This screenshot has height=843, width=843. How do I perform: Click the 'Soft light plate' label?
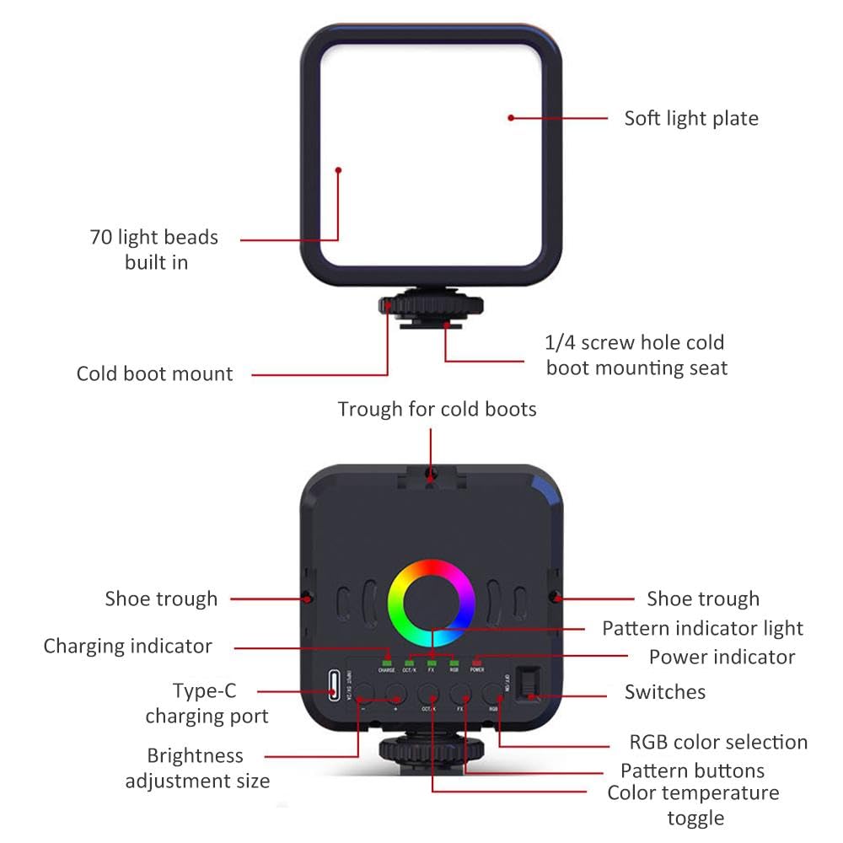[x=690, y=118]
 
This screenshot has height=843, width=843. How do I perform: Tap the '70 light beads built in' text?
[x=154, y=250]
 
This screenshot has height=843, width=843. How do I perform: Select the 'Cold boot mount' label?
[x=154, y=373]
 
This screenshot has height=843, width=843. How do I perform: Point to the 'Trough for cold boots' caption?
[x=437, y=410]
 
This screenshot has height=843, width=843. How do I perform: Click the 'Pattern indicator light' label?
[x=702, y=628]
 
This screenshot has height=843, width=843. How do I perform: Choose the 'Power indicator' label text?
[x=722, y=657]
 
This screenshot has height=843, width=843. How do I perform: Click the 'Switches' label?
[x=664, y=692]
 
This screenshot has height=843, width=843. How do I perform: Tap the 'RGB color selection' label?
[x=718, y=742]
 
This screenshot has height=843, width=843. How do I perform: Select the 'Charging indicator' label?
[x=128, y=647]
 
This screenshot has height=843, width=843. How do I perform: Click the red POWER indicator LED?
[x=477, y=662]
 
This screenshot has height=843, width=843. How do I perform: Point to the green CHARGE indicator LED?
[x=387, y=662]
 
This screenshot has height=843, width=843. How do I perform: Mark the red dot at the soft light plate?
[x=511, y=118]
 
